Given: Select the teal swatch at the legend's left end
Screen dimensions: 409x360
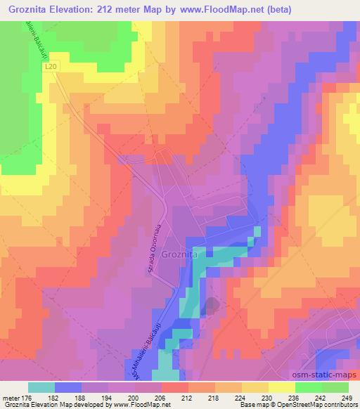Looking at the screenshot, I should click(x=41, y=387).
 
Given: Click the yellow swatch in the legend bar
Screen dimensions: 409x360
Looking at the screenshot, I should click(x=281, y=387).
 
